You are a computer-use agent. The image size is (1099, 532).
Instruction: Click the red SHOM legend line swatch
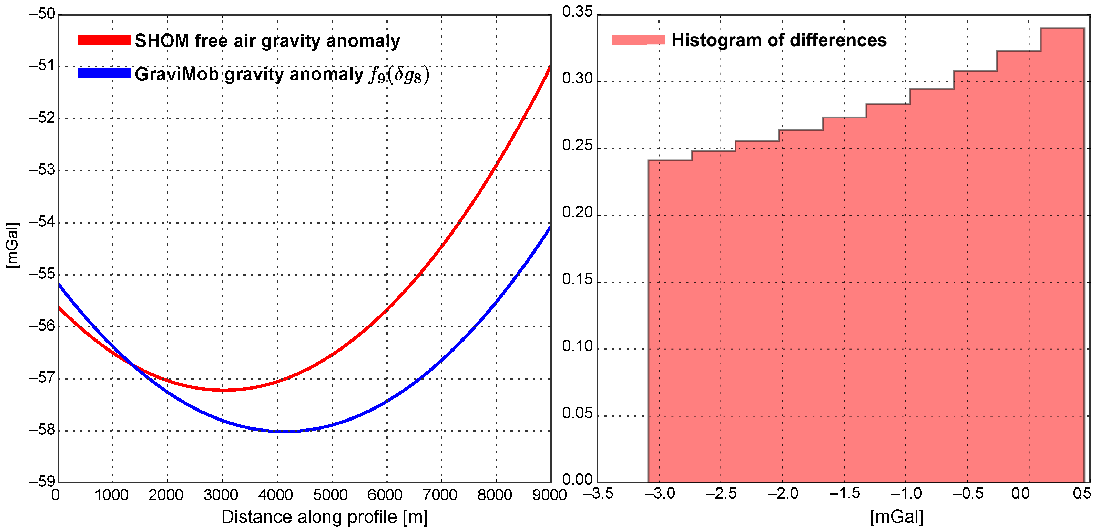tap(104, 40)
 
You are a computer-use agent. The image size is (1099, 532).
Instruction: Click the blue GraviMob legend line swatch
tap(104, 73)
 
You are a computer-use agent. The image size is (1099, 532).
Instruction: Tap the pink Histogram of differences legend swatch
tap(638, 40)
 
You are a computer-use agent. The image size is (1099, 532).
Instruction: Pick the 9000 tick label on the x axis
tap(549, 495)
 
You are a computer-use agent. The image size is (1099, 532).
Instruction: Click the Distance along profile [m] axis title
tap(324, 518)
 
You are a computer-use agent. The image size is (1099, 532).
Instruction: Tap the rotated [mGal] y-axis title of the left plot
tap(13, 246)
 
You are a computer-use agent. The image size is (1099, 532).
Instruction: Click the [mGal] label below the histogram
tap(897, 518)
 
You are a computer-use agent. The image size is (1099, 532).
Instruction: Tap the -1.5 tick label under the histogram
tap(844, 494)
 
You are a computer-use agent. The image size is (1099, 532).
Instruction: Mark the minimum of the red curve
tap(223, 390)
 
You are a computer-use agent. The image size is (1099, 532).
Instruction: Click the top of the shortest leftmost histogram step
tap(670, 160)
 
